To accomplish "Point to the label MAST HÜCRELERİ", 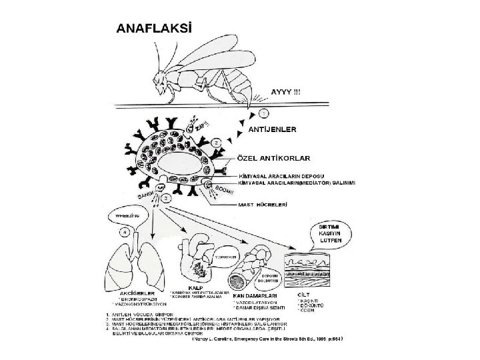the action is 264,205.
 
